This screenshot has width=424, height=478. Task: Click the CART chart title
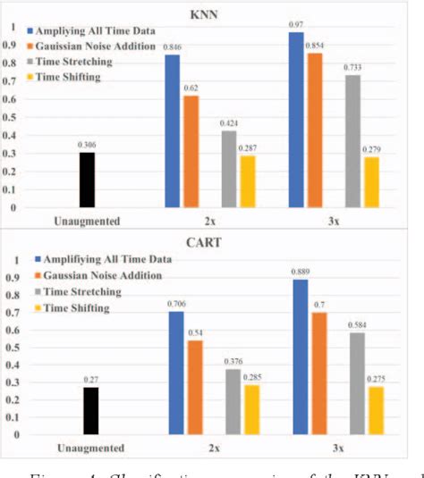(210, 240)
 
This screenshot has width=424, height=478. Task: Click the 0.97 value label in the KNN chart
(295, 24)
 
